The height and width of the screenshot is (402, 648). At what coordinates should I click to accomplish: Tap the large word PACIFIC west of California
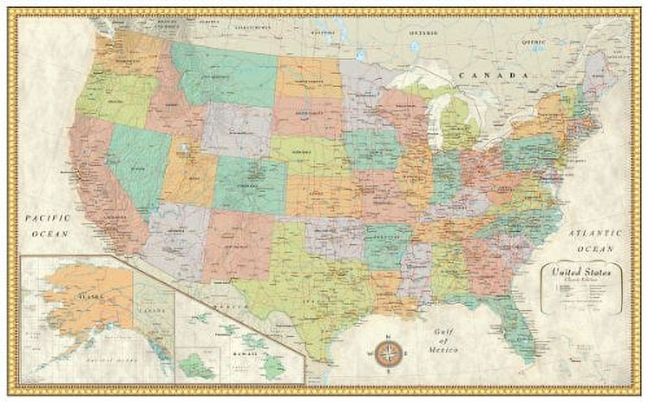pos(47,219)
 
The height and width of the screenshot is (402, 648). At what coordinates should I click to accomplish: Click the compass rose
pos(387,353)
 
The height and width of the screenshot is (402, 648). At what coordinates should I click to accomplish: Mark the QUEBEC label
pos(535,41)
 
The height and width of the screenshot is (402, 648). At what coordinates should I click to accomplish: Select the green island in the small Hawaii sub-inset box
pos(196,366)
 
